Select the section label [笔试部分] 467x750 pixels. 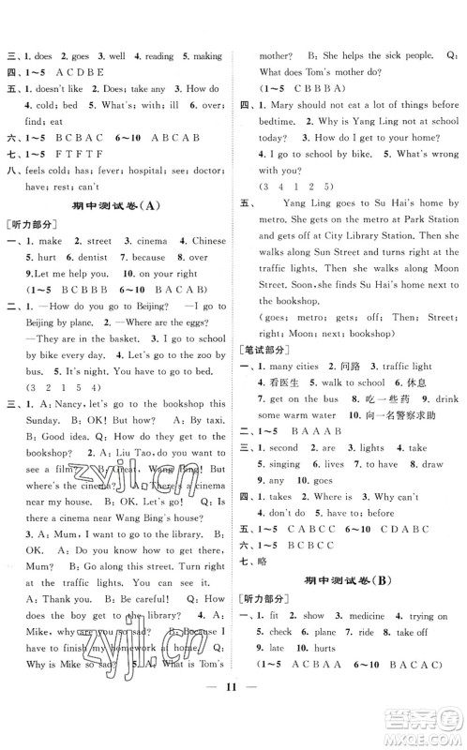[264, 349]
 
